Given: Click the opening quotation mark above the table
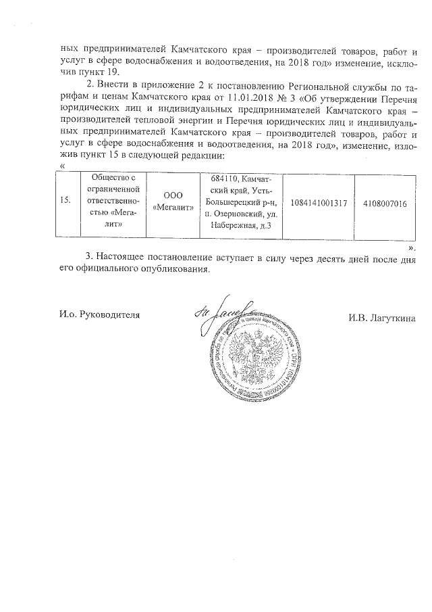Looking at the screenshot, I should click(x=63, y=166).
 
